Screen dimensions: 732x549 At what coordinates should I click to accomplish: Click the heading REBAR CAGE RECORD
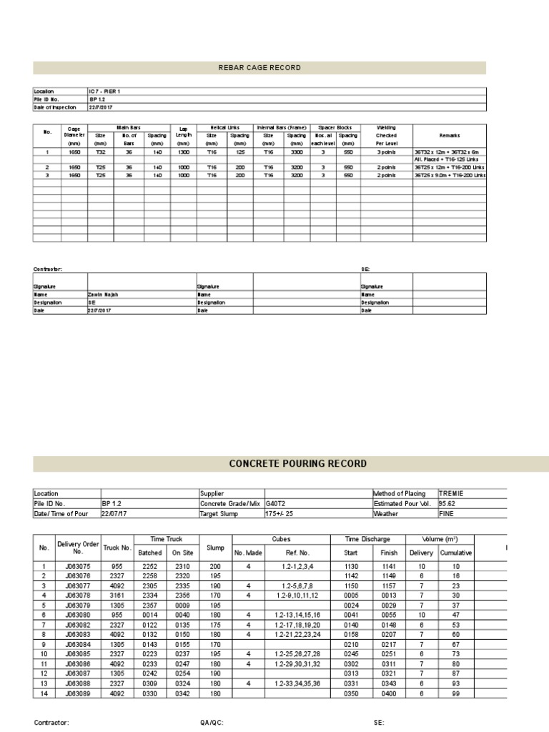pyautogui.click(x=259, y=68)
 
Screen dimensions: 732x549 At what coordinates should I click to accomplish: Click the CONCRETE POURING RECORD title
pyautogui.click(x=297, y=464)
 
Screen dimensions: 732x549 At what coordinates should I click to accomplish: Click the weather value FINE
pyautogui.click(x=446, y=513)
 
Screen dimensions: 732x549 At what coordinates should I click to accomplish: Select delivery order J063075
pyautogui.click(x=74, y=566)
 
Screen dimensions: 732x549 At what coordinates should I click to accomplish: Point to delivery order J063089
pyautogui.click(x=74, y=693)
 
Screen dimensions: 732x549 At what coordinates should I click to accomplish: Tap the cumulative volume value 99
pyautogui.click(x=455, y=693)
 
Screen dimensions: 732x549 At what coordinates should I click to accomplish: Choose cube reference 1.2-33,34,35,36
pyautogui.click(x=298, y=683)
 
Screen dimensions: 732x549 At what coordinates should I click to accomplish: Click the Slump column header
pyautogui.click(x=215, y=548)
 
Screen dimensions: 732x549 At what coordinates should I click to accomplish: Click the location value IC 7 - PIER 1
pyautogui.click(x=104, y=91)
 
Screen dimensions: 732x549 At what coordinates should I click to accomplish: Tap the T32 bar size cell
pyautogui.click(x=100, y=152)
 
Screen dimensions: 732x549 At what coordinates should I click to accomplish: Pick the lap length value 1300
pyautogui.click(x=183, y=152)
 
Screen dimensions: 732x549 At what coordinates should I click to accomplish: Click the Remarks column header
pyautogui.click(x=450, y=135)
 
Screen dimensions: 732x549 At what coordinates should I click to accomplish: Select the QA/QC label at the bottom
pyautogui.click(x=212, y=723)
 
